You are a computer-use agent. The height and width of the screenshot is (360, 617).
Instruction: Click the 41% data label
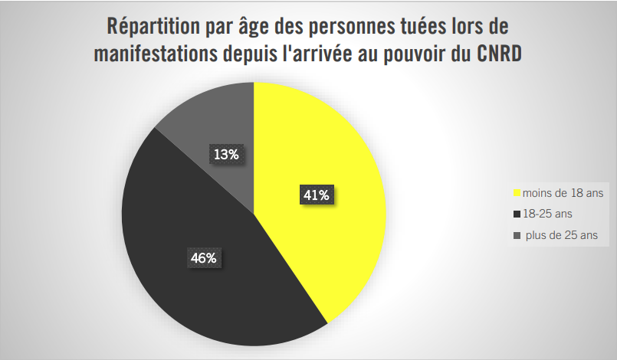(316, 195)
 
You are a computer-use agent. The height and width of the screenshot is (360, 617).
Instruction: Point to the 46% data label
(203, 258)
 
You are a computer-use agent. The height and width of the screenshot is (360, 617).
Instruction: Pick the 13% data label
(226, 154)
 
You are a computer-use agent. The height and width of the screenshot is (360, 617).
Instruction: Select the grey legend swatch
(517, 235)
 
